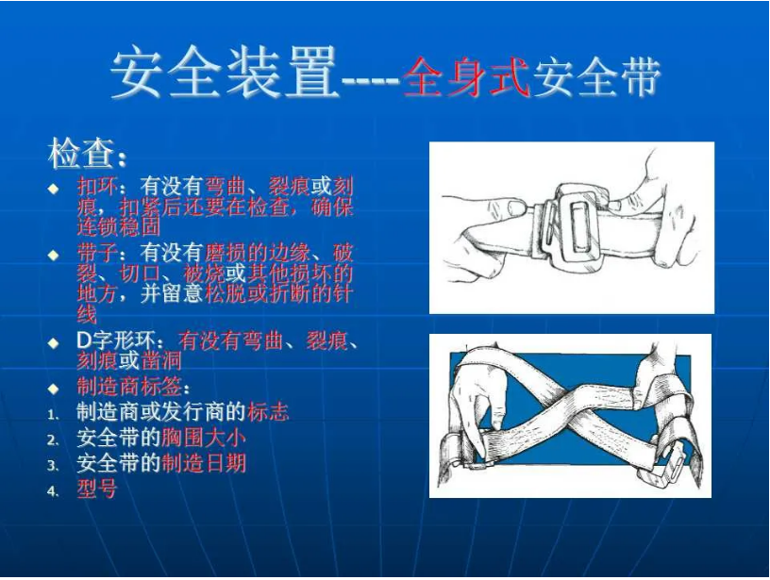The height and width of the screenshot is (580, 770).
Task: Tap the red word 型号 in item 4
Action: (96, 489)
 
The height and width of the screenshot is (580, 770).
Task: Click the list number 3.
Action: (54, 465)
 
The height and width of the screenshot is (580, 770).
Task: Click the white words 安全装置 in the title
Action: (225, 75)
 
